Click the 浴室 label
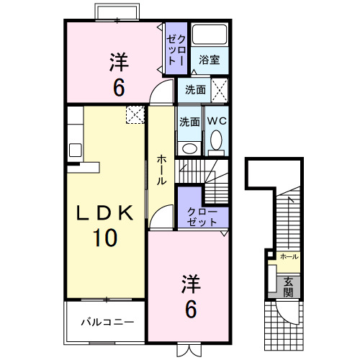pyautogui.click(x=210, y=60)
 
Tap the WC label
pyautogui.click(x=217, y=122)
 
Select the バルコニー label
pyautogui.click(x=107, y=320)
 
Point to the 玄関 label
pyautogui.click(x=288, y=287)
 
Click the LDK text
pyautogui.click(x=105, y=214)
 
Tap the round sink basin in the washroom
pyautogui.click(x=189, y=148)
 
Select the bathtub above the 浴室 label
pyautogui.click(x=211, y=35)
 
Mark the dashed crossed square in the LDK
pyautogui.click(x=135, y=114)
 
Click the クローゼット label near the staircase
pyautogui.click(x=202, y=217)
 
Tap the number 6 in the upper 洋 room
pyautogui.click(x=119, y=87)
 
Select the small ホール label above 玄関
pyautogui.click(x=289, y=256)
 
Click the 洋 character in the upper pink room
pyautogui.click(x=120, y=61)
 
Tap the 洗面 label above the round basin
pyautogui.click(x=190, y=122)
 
